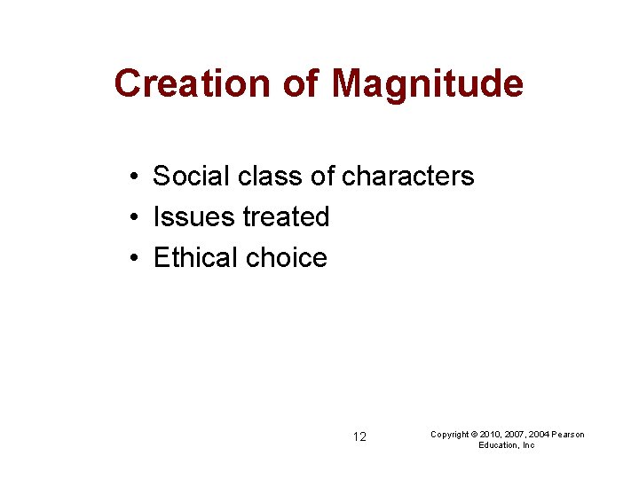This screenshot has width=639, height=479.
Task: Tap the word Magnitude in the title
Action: point(427,83)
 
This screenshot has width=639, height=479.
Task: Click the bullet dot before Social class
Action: point(130,177)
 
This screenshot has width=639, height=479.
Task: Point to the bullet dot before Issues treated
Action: point(130,217)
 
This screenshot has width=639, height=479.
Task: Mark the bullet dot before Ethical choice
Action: point(130,258)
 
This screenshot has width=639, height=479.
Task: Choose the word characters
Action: point(407,177)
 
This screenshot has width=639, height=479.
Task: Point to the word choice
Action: point(287,258)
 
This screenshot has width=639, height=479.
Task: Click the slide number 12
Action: point(359,436)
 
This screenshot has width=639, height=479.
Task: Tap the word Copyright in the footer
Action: point(450,434)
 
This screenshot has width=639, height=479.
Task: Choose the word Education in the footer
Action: point(498,445)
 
